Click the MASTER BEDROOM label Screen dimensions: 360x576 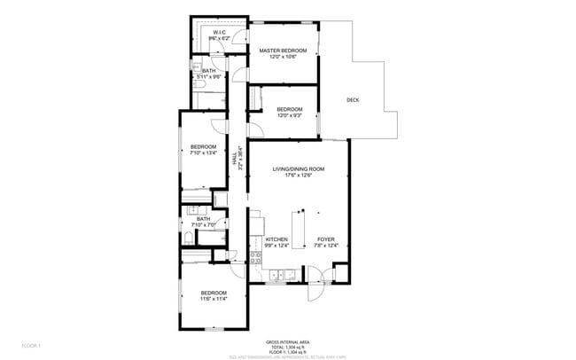click(x=283, y=51)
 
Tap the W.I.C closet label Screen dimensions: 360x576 click(x=218, y=33)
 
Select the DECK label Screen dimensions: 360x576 click(x=353, y=99)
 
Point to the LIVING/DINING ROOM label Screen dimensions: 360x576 click(x=298, y=168)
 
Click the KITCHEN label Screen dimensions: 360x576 click(x=277, y=239)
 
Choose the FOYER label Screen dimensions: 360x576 click(x=326, y=239)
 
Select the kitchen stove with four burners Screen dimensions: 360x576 click(x=255, y=259)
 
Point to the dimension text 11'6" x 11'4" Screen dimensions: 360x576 click(x=214, y=300)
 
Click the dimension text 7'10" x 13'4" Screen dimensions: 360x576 click(x=203, y=153)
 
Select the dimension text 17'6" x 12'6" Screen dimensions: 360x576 click(x=298, y=176)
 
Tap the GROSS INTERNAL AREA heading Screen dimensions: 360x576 click(x=287, y=341)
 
